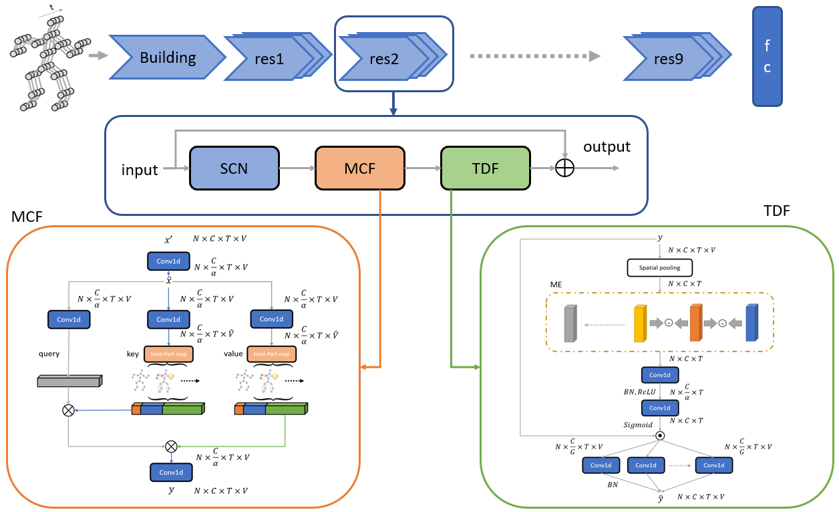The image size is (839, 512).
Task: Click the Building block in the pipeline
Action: pos(167,57)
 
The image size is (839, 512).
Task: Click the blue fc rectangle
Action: pos(768,56)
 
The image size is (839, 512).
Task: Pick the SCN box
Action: pos(234,168)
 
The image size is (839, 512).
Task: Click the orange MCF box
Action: pos(359,168)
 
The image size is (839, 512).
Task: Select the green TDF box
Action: pos(485,168)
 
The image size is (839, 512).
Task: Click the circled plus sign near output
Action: pos(565,168)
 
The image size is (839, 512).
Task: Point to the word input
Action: pos(140,170)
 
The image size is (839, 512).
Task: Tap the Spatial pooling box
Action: pos(660,268)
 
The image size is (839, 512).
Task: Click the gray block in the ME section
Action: pos(570,324)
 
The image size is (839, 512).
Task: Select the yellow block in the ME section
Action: pos(640,324)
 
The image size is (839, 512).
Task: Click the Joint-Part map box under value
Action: pos(271,354)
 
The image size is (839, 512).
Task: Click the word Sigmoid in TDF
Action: pos(638,424)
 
